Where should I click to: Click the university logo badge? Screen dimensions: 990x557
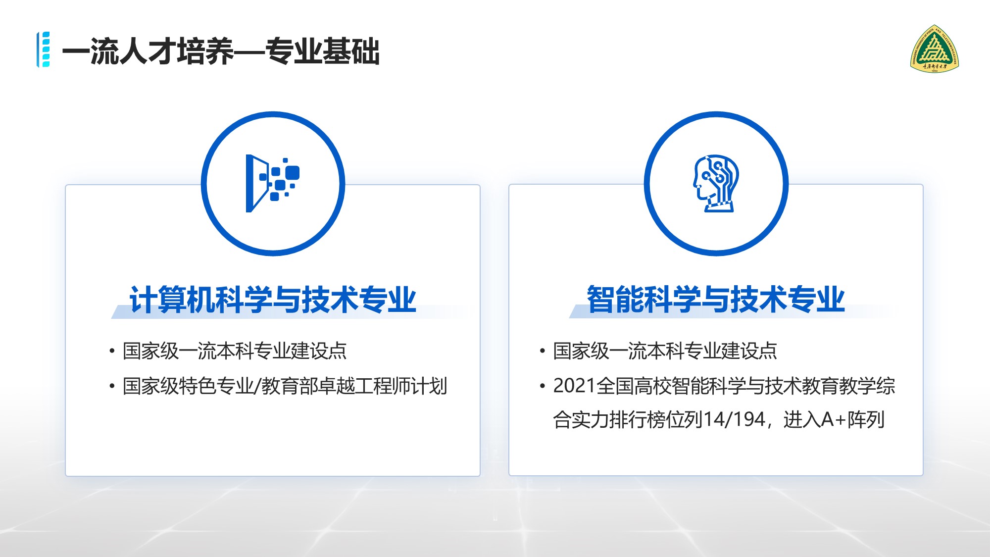[x=935, y=49]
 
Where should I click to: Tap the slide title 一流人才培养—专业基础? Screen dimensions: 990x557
[x=221, y=51]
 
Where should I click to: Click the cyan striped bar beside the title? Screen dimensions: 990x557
[x=44, y=50]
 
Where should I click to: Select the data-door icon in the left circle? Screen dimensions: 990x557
[x=272, y=184]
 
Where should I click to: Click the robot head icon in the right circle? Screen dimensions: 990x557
[x=716, y=183]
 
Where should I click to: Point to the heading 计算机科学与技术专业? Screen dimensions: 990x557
[x=273, y=300]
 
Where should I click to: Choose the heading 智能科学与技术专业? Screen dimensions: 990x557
[x=716, y=299]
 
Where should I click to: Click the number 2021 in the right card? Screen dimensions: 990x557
[x=574, y=386]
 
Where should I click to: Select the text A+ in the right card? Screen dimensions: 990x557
[x=834, y=420]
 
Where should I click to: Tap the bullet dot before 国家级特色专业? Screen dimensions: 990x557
[x=112, y=386]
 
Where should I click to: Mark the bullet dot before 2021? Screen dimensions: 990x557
[x=543, y=386]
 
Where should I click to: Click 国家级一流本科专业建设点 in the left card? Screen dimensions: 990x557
[x=235, y=351]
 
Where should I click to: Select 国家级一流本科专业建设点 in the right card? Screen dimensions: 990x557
[x=665, y=351]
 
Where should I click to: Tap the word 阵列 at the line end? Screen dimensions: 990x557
[x=866, y=420]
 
